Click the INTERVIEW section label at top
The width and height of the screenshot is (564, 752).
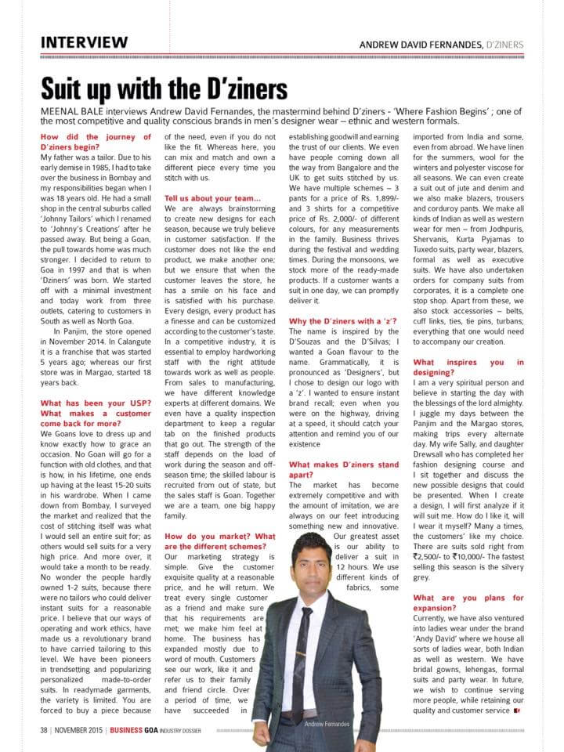point(84,42)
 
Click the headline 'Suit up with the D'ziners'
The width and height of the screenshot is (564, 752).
point(164,86)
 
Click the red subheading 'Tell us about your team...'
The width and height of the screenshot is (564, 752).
point(212,198)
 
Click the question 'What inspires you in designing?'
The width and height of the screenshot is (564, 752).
point(468,368)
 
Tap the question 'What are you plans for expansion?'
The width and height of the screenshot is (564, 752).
point(468,603)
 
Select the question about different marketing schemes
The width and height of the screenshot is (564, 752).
point(220,541)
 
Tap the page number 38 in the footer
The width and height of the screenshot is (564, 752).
point(45,731)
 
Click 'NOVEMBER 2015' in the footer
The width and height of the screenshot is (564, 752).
point(79,731)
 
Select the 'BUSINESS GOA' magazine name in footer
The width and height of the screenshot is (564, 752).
point(137,731)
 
